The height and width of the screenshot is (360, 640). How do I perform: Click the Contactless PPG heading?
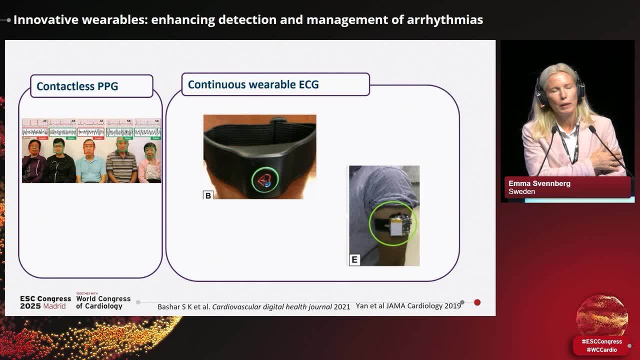(77, 86)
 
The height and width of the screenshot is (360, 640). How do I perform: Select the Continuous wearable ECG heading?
(253, 84)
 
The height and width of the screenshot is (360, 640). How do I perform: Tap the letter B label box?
(208, 195)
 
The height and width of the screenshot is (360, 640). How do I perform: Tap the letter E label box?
(354, 259)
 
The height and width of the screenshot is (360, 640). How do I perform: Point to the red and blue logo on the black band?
(261, 180)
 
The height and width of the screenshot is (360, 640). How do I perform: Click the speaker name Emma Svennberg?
(539, 183)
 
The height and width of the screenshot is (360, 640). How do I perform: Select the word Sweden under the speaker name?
(521, 191)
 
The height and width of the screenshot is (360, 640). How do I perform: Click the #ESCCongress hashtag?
(601, 341)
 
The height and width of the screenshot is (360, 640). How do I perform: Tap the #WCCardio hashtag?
(601, 350)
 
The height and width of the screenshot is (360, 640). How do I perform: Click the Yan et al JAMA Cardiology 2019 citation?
(408, 305)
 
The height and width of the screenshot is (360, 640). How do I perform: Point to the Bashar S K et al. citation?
(253, 306)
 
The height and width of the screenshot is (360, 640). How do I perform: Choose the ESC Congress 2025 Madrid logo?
(45, 302)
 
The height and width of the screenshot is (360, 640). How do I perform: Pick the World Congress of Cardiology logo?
(103, 301)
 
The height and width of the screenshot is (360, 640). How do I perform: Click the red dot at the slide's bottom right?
(477, 302)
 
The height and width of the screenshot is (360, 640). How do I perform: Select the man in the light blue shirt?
(90, 162)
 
